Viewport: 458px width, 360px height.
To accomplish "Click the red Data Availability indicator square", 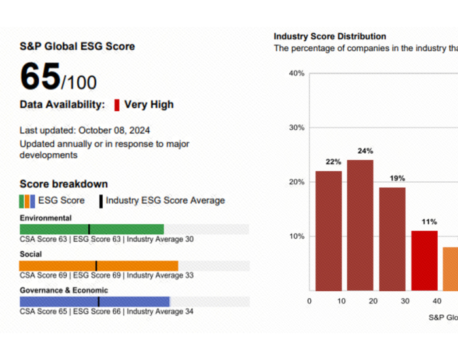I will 116,105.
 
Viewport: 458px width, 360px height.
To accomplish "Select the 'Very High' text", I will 149,105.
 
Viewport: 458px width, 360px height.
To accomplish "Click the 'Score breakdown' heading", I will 63,184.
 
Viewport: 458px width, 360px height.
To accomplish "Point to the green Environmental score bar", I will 92,229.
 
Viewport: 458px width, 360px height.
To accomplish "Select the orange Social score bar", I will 98,266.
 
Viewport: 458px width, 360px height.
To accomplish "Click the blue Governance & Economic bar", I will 95,302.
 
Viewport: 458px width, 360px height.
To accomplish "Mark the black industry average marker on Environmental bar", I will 89,229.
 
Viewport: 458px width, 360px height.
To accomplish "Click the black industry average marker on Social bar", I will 96,266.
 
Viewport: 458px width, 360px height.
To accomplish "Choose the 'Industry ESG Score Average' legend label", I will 165,201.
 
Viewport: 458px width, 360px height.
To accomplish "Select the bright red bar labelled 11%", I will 424,260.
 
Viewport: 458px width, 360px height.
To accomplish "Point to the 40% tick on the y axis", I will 296,73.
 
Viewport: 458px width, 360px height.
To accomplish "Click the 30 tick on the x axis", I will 405,301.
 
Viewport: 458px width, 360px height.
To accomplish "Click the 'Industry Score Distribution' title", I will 330,37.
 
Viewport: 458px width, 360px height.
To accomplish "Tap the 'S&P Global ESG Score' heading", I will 77,46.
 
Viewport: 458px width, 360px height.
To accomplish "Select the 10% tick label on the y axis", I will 296,236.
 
